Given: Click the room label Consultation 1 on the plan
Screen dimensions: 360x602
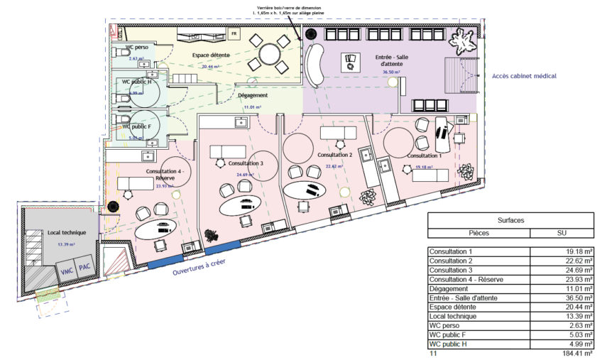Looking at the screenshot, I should (x=425, y=155).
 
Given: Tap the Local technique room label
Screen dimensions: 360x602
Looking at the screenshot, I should (x=67, y=233).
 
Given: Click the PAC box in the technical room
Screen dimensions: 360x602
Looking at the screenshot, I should (x=84, y=266).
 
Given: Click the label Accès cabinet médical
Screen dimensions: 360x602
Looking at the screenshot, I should (x=524, y=76).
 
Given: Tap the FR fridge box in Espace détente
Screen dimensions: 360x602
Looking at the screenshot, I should (x=233, y=33).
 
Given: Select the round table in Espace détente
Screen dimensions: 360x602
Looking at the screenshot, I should (x=270, y=54).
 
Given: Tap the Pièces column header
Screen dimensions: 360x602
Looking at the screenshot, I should (x=479, y=232).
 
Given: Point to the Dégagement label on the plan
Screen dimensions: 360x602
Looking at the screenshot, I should (x=253, y=95).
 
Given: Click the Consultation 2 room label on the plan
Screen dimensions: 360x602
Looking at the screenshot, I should (x=335, y=154).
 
